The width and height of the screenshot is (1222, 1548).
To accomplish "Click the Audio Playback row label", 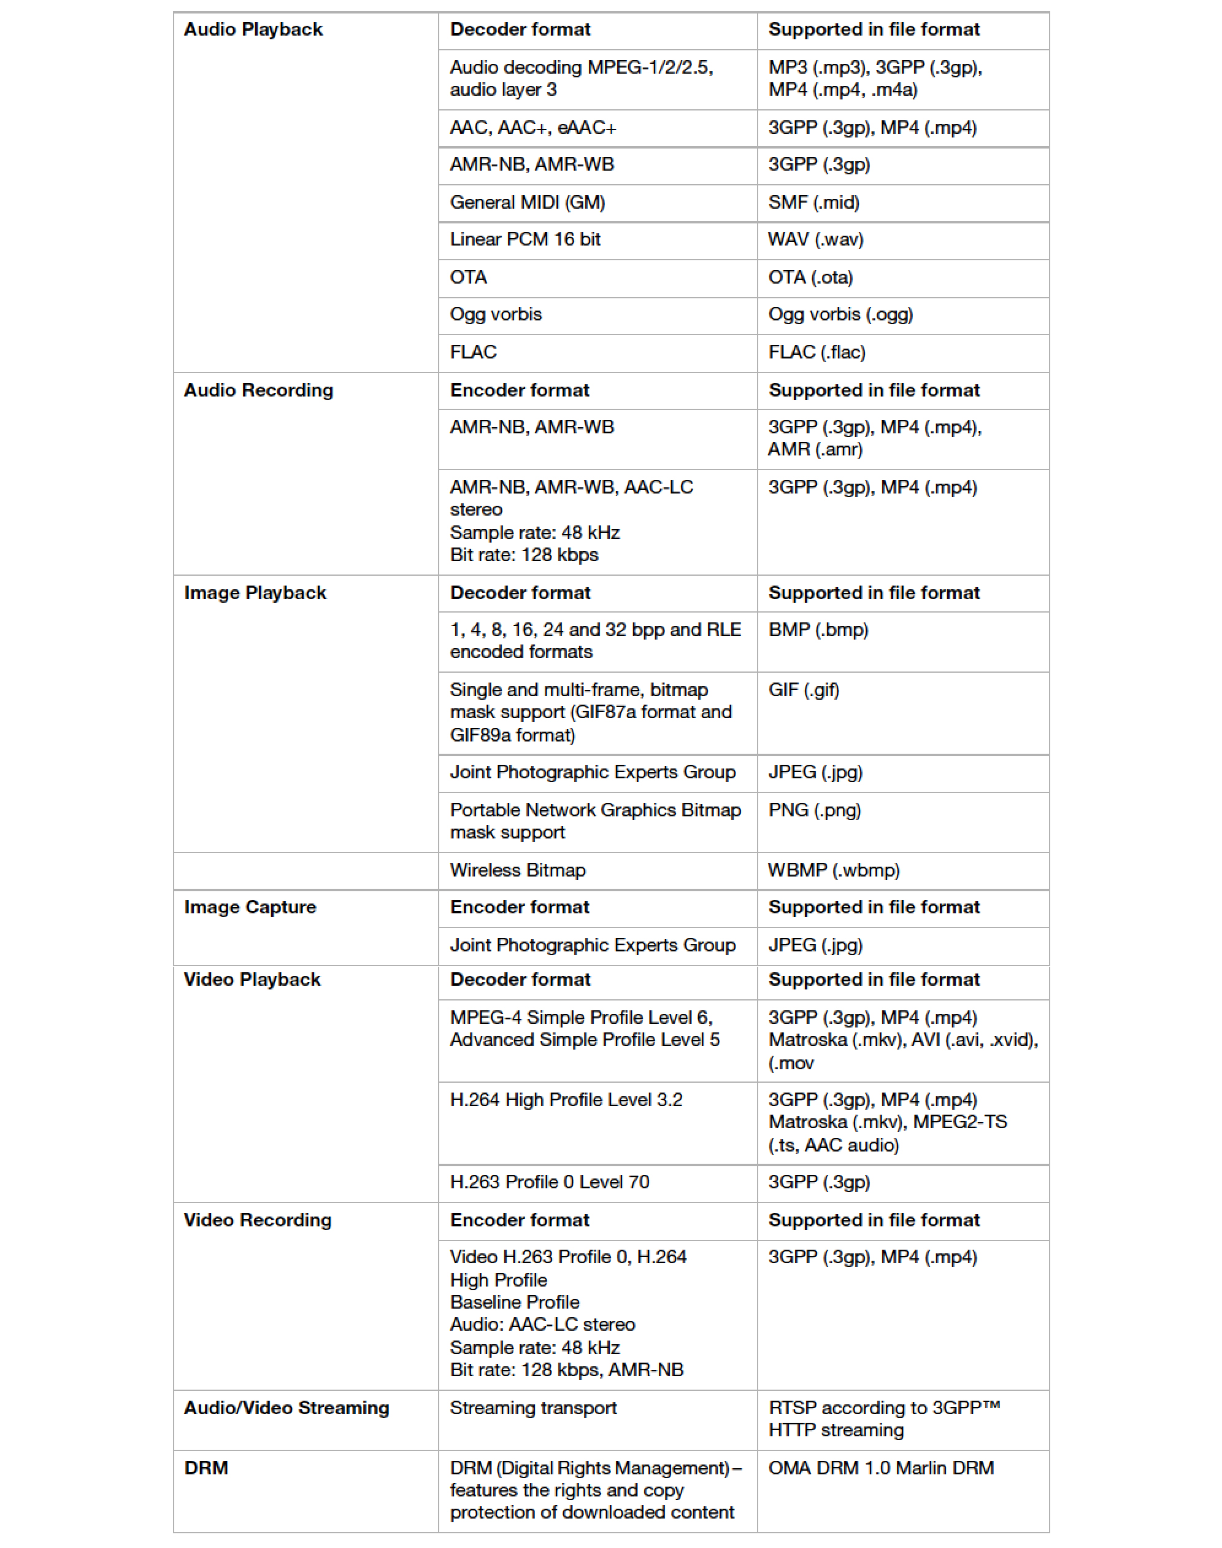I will [253, 30].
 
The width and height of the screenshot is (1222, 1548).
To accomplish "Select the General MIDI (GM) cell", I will [528, 203].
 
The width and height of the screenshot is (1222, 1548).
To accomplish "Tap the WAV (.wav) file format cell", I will [816, 240].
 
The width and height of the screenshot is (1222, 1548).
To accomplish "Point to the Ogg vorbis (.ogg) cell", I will [840, 315].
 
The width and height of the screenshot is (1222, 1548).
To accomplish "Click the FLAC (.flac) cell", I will [817, 352].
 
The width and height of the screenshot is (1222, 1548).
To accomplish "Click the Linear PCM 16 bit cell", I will [525, 240].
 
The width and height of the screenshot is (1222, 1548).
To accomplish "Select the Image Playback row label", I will [255, 594].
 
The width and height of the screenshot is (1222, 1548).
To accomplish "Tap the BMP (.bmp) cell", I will [818, 630].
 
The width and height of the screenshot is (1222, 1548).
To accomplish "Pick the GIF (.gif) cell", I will [804, 690].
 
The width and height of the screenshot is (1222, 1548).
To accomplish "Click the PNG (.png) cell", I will [815, 810].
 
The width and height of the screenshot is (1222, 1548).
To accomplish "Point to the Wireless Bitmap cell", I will [518, 870].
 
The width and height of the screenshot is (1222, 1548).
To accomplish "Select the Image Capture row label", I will [250, 907].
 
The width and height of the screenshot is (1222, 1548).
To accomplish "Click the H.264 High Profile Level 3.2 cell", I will [566, 1100].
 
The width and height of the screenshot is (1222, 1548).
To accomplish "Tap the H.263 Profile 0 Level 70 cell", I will [550, 1182].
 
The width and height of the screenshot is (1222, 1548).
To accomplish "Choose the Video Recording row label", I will [258, 1220].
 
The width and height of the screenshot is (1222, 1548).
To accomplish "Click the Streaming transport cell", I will [533, 1409].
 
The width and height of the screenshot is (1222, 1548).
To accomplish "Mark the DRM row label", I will [206, 1469].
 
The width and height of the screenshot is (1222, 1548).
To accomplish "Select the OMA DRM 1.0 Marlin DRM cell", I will [881, 1469].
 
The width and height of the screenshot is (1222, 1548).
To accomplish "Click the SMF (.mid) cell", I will [813, 203].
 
